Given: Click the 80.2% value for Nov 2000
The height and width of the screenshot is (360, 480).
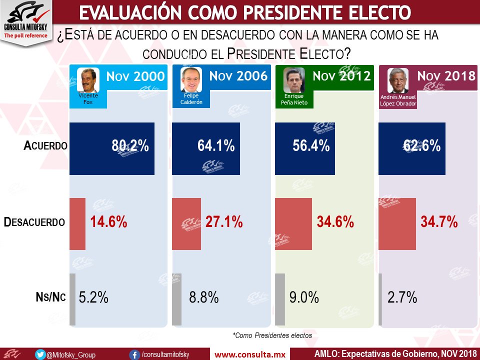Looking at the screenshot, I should click(x=130, y=146).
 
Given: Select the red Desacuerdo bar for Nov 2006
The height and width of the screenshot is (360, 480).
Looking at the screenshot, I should click(x=186, y=222).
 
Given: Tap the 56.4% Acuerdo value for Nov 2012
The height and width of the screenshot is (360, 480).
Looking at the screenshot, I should click(x=310, y=146).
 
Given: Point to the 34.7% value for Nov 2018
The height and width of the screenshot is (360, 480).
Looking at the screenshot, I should click(x=439, y=222).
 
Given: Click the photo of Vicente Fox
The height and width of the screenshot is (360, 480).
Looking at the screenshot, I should click(x=88, y=79).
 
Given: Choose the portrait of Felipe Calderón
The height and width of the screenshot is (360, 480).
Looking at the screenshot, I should click(x=191, y=79).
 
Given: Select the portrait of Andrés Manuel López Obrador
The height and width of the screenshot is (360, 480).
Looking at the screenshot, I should click(x=398, y=80).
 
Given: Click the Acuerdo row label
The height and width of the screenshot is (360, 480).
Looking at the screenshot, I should click(x=44, y=146).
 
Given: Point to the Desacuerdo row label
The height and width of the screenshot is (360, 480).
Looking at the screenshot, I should click(x=34, y=222).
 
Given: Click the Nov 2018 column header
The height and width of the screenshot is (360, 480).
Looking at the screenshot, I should click(x=446, y=76).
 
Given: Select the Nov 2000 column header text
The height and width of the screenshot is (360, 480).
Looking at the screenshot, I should click(x=135, y=76).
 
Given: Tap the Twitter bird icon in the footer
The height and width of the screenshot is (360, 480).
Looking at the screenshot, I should click(x=40, y=354).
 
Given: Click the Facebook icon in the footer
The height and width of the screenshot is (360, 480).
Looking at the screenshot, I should click(x=134, y=354).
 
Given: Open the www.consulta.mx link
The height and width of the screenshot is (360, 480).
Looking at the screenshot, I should click(x=249, y=354).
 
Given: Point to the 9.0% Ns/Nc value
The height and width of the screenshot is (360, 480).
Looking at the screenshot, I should click(x=304, y=298).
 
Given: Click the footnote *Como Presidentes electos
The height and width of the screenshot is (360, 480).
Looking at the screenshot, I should click(x=272, y=335).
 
